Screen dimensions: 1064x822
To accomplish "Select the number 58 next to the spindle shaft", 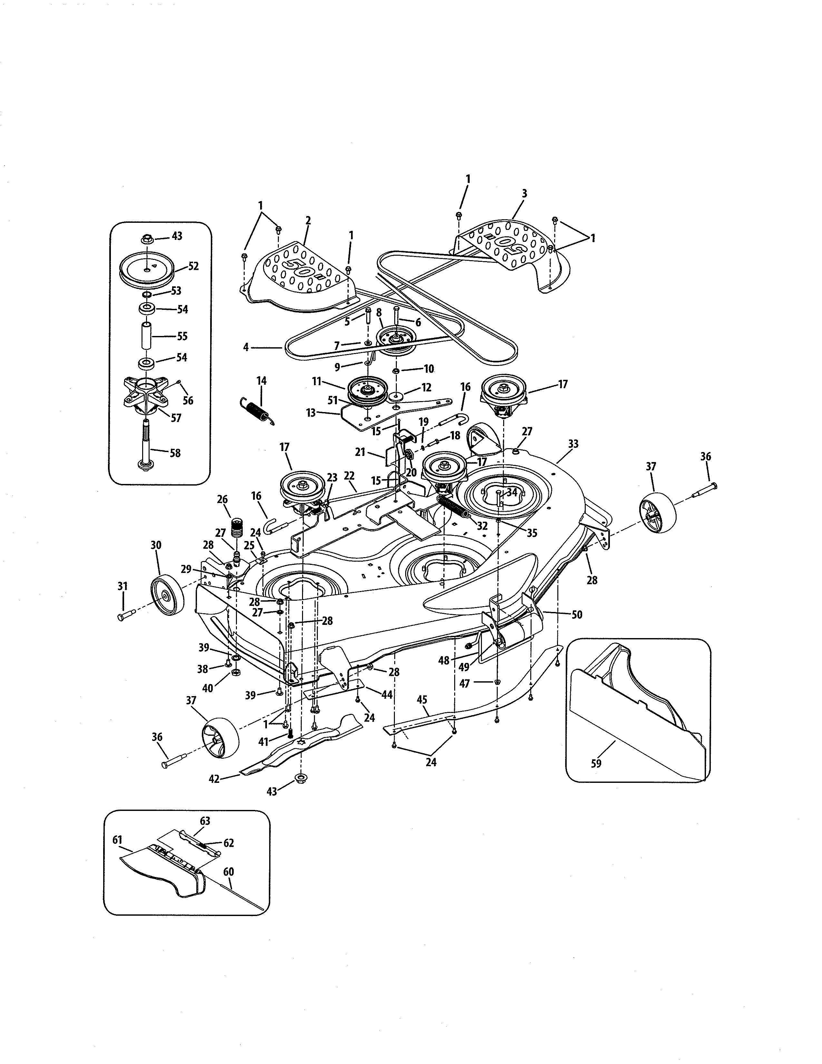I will [x=175, y=453].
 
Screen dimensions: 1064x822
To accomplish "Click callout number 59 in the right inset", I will [x=596, y=764].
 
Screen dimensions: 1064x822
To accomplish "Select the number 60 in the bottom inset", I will [x=229, y=872].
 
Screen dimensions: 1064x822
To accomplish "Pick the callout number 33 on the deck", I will [x=573, y=444].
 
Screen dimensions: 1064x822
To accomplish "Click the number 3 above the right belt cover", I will [x=524, y=193].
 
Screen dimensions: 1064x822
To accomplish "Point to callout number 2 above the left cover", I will [x=308, y=221].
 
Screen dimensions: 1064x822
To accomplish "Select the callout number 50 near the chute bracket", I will [x=577, y=615].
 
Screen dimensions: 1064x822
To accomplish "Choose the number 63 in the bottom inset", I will [x=205, y=821].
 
